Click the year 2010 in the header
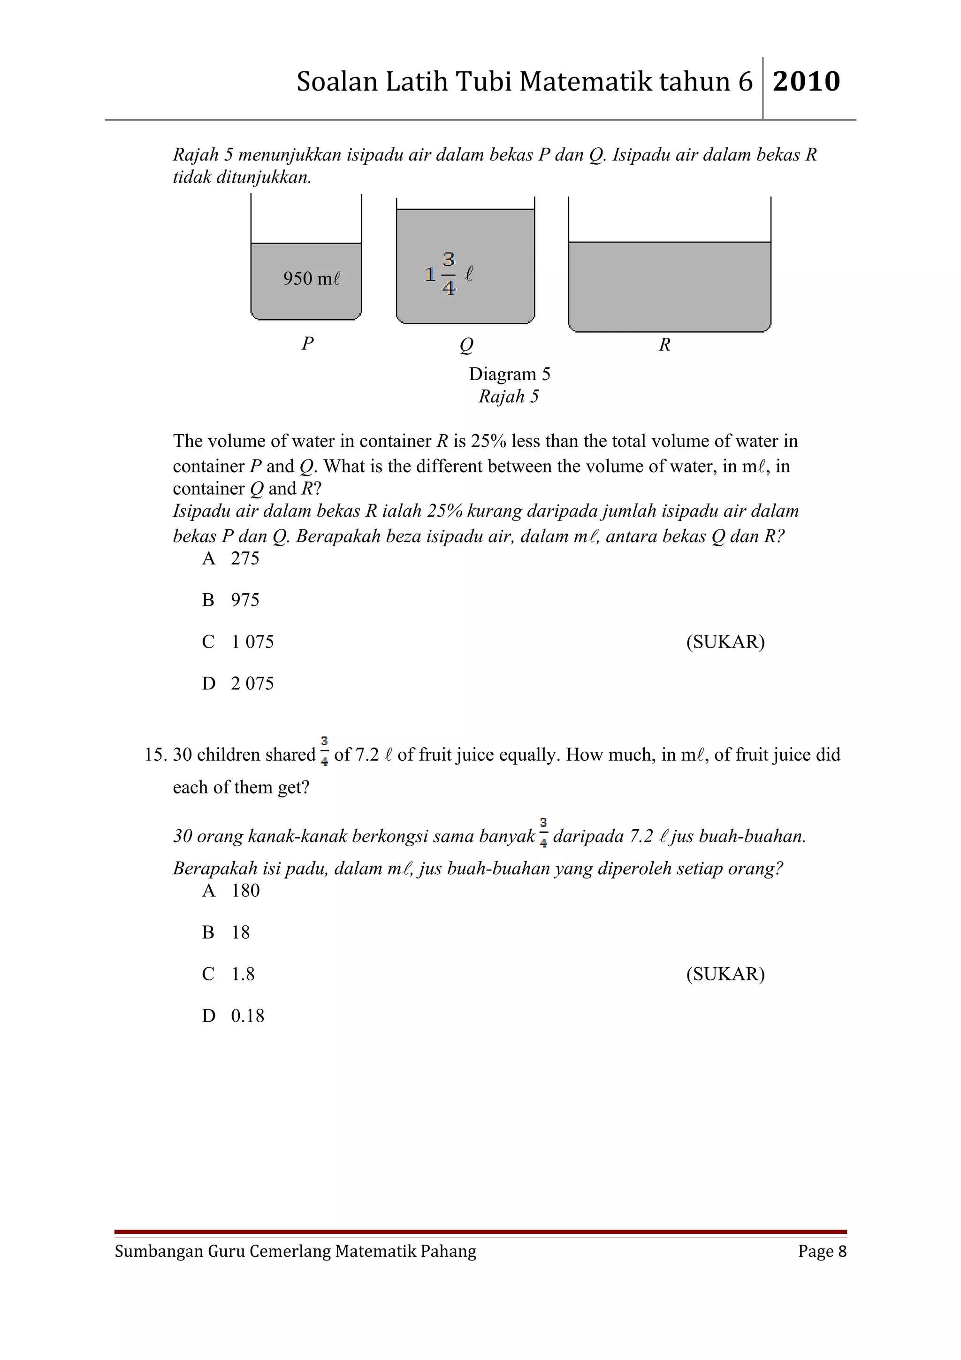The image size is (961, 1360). tap(807, 82)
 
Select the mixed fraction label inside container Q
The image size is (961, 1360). tap(449, 274)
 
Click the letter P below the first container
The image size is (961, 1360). tap(307, 343)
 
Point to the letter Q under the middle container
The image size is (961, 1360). tap(466, 345)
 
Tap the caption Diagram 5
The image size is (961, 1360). tap(509, 374)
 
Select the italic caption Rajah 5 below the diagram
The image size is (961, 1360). tap(509, 396)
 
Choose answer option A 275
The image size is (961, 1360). tap(231, 558)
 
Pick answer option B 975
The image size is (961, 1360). tap(231, 599)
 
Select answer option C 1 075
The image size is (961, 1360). tap(238, 642)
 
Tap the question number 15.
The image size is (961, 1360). tap(156, 755)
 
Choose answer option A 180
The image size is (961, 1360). tap(231, 890)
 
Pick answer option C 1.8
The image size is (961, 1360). tap(229, 974)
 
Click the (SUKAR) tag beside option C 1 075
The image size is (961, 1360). tap(725, 642)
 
